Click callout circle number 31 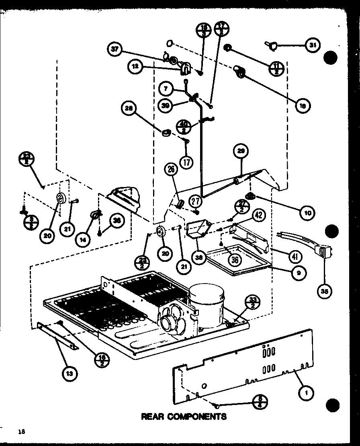pyautogui.click(x=312, y=45)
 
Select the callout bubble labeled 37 pyautogui.click(x=116, y=50)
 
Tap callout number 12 pyautogui.click(x=137, y=66)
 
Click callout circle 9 pyautogui.click(x=299, y=273)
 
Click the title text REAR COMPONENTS pyautogui.click(x=184, y=416)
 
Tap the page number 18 pyautogui.click(x=21, y=432)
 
